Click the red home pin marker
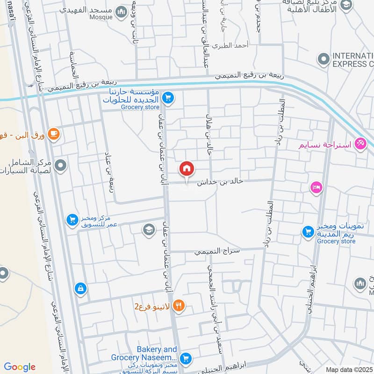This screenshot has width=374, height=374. [x=187, y=168]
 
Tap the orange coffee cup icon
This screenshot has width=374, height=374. [x=54, y=134]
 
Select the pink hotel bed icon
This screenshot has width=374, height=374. [x=316, y=187]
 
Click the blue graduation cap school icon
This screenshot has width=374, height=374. [x=148, y=229]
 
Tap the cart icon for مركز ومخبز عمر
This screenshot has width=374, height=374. [x=72, y=219]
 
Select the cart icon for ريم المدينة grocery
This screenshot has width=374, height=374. [x=308, y=231]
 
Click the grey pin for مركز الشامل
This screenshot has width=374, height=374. [x=60, y=165]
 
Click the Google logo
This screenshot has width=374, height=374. [x=20, y=367]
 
